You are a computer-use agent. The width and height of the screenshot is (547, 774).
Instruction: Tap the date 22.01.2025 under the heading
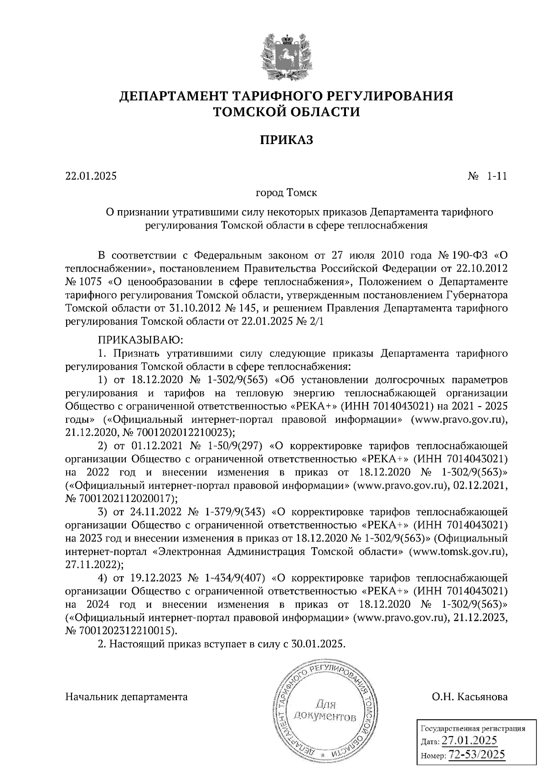pyautogui.click(x=91, y=175)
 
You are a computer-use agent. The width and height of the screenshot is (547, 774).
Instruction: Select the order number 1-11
pyautogui.click(x=497, y=175)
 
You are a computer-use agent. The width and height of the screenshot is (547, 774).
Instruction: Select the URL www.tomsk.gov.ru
pyautogui.click(x=458, y=551)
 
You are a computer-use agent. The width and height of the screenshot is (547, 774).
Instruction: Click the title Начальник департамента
pyautogui.click(x=127, y=697)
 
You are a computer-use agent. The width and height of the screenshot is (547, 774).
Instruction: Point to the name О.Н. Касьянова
pyautogui.click(x=470, y=697)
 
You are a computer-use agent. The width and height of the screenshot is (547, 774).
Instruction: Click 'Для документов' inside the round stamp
pyautogui.click(x=324, y=711)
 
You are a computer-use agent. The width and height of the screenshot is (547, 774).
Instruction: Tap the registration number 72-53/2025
pyautogui.click(x=477, y=754)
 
